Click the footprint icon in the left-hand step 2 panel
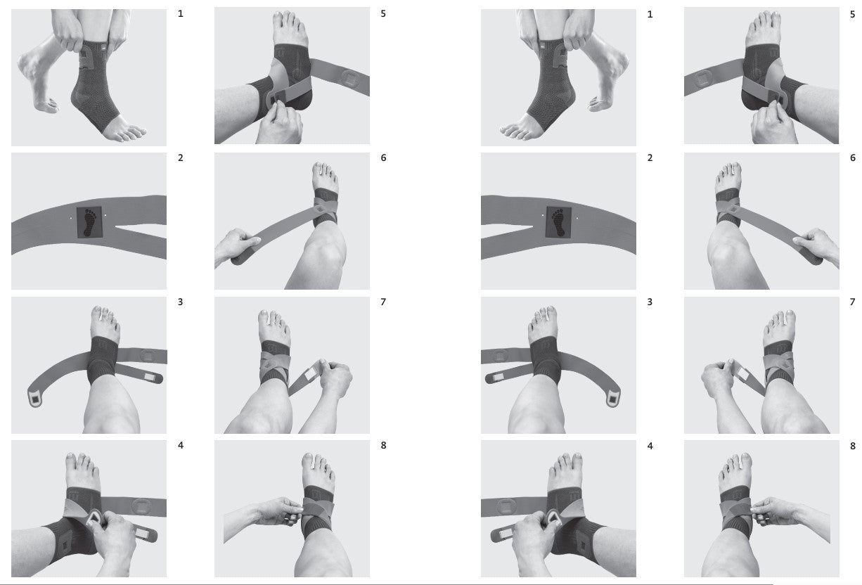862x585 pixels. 90,222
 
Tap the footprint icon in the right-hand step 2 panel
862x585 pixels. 558,222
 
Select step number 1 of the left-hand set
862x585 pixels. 181,14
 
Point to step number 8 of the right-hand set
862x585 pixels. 852,446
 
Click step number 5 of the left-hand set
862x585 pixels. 383,14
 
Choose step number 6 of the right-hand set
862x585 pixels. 852,157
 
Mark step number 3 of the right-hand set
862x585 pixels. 650,302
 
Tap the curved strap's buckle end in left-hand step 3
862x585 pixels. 35,399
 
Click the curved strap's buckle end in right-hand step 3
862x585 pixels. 612,399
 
